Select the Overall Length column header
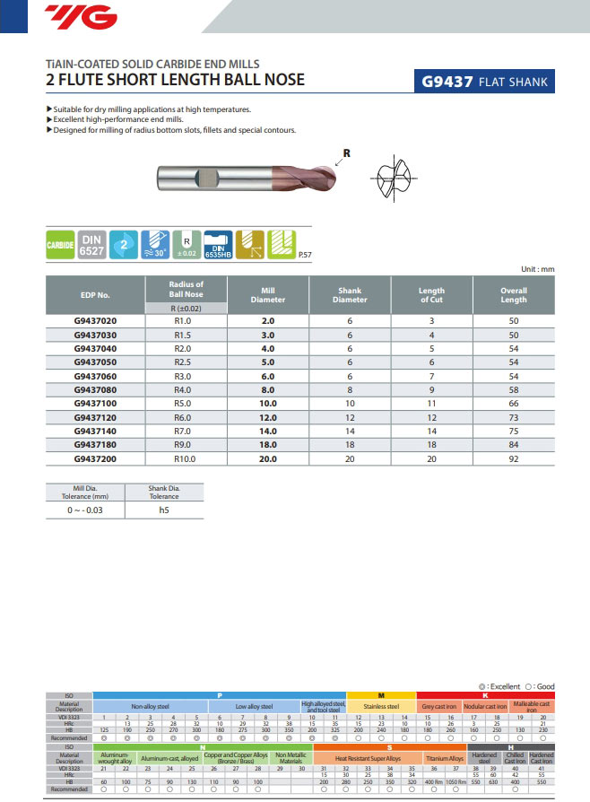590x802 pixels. (513, 294)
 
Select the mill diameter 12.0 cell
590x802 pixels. (267, 418)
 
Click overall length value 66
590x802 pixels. (513, 405)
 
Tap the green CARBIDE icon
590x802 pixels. (60, 244)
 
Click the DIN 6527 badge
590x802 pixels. (91, 244)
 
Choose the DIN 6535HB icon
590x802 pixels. (218, 244)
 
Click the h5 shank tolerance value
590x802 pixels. (163, 509)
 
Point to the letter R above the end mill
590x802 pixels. (346, 153)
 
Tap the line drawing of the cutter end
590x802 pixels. (395, 175)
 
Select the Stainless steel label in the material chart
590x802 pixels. (380, 707)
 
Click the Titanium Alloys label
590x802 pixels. (444, 759)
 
